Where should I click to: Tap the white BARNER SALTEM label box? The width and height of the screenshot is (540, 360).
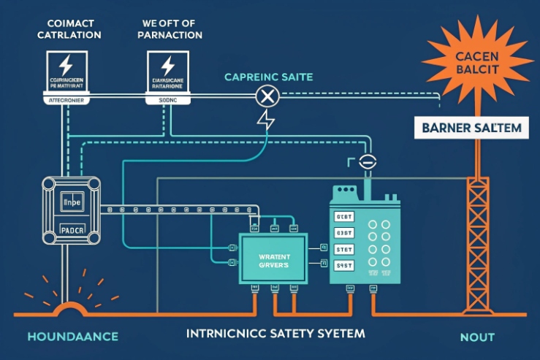(471, 129)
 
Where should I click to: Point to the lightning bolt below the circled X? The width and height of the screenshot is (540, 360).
(266, 120)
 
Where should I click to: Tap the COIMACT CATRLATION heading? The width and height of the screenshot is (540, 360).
(66, 28)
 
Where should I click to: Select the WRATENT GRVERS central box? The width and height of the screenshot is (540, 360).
(274, 259)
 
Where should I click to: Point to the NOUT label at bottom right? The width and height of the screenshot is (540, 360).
(477, 337)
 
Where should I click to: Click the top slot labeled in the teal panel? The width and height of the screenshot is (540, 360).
(343, 217)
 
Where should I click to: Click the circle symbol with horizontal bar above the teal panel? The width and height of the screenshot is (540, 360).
(367, 163)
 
